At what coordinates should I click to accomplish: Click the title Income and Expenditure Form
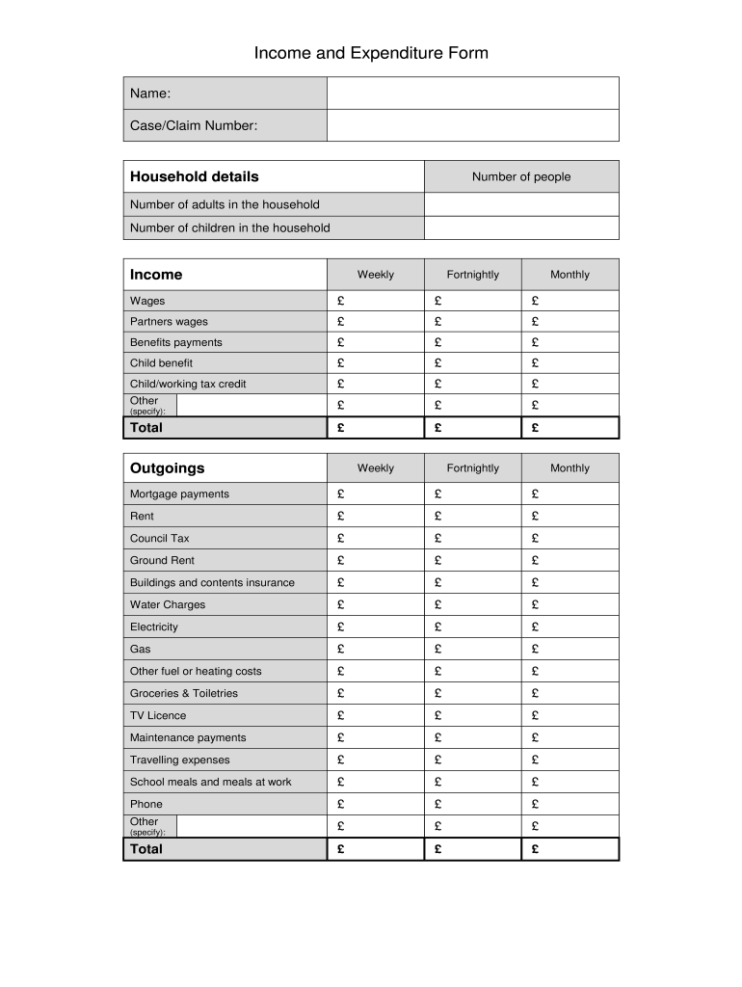click(x=371, y=53)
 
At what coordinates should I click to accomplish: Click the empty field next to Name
click(x=472, y=93)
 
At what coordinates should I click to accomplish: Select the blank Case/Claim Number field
click(x=472, y=125)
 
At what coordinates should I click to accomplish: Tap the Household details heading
click(x=195, y=176)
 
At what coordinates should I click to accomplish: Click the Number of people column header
click(x=520, y=176)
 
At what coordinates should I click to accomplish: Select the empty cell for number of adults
click(x=520, y=204)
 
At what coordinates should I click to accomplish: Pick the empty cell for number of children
click(x=520, y=228)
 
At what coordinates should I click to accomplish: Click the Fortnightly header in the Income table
click(x=472, y=275)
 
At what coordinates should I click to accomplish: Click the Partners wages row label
click(x=169, y=322)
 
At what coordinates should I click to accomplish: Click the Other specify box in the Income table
click(x=252, y=405)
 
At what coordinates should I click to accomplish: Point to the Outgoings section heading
click(x=168, y=468)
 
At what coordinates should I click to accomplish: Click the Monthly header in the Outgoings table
click(x=570, y=468)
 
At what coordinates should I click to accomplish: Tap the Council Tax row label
click(x=160, y=538)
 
